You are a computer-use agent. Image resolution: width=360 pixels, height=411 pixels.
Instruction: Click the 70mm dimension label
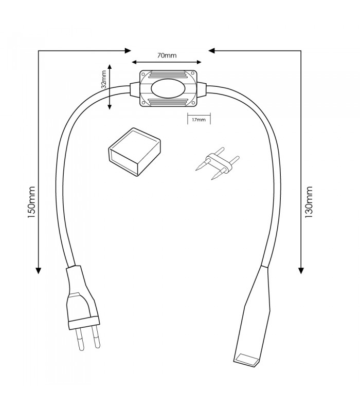tap(167, 55)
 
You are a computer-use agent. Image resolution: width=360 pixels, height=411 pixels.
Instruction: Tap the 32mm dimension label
tap(104, 80)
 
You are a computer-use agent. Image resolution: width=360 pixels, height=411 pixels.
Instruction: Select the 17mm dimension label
tap(199, 120)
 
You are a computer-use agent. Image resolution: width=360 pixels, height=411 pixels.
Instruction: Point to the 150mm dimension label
tap(31, 202)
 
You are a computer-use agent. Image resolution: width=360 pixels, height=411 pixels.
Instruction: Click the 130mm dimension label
tap(309, 202)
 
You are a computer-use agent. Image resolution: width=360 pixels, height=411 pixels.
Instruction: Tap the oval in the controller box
tap(168, 88)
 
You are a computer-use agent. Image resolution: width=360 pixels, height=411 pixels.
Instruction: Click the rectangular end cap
tap(134, 152)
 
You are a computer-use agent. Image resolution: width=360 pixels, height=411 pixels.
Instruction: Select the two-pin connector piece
tap(218, 163)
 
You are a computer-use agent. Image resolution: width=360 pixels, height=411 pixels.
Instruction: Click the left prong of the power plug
tap(80, 340)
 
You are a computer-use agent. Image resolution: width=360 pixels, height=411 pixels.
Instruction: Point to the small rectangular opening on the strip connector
tap(246, 359)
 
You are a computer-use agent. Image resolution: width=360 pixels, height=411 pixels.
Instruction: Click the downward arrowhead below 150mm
tap(38, 271)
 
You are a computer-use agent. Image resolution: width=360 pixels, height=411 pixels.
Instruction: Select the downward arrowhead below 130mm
tap(301, 271)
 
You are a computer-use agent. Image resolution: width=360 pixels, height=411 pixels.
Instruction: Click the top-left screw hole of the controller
tap(143, 73)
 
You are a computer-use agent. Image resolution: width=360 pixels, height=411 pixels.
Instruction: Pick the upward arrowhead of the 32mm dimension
tap(110, 67)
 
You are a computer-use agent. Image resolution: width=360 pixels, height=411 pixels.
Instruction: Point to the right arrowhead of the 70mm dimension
tap(199, 62)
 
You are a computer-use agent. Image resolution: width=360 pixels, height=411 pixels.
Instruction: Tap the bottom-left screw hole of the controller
tap(143, 103)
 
